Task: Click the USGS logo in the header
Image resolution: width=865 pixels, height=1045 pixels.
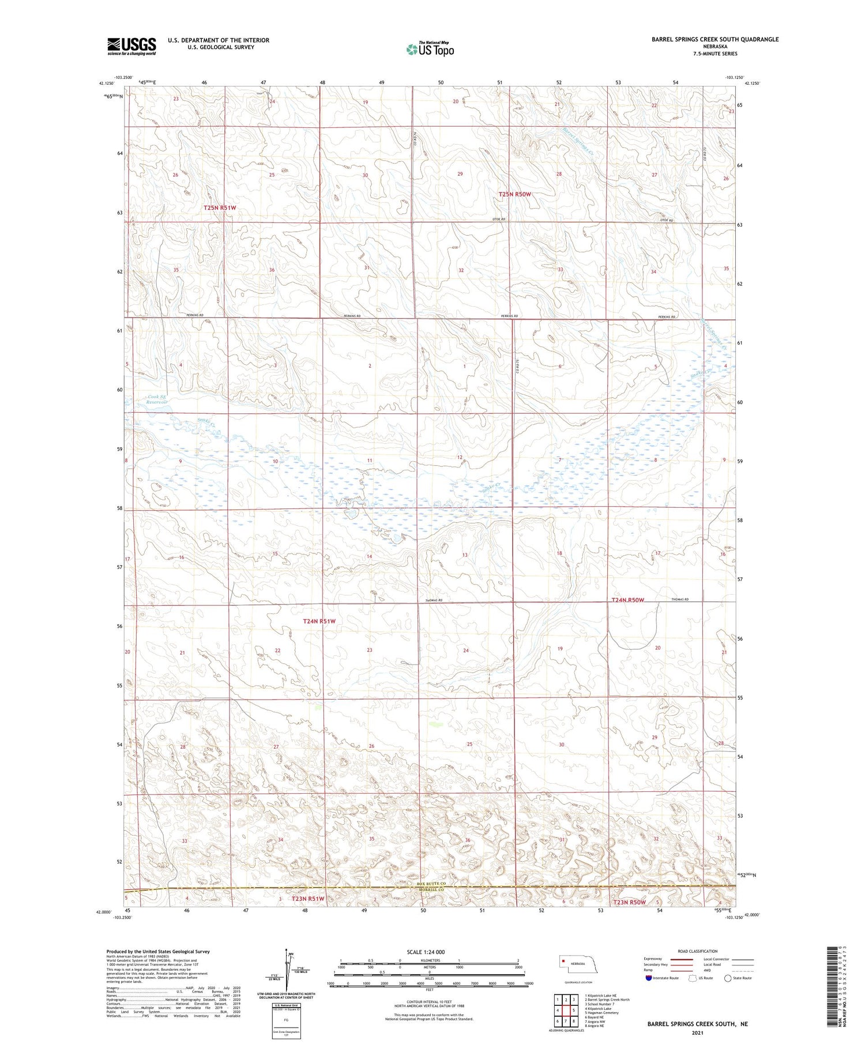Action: pos(131,46)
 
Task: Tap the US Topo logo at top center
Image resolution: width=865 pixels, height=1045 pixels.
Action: pos(430,50)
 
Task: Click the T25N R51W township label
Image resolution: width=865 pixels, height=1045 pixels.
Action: pos(220,208)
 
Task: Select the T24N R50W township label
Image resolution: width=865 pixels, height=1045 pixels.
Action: pos(627,600)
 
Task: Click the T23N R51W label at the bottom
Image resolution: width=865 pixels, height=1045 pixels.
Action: pos(308,899)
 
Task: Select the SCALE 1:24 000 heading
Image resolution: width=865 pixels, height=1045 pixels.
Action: pos(426,952)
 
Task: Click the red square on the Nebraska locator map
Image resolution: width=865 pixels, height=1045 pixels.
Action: pos(563,961)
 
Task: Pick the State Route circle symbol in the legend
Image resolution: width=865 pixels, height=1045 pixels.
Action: pos(728,978)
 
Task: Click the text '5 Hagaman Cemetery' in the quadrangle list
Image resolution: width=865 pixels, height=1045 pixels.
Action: pos(603,1013)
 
